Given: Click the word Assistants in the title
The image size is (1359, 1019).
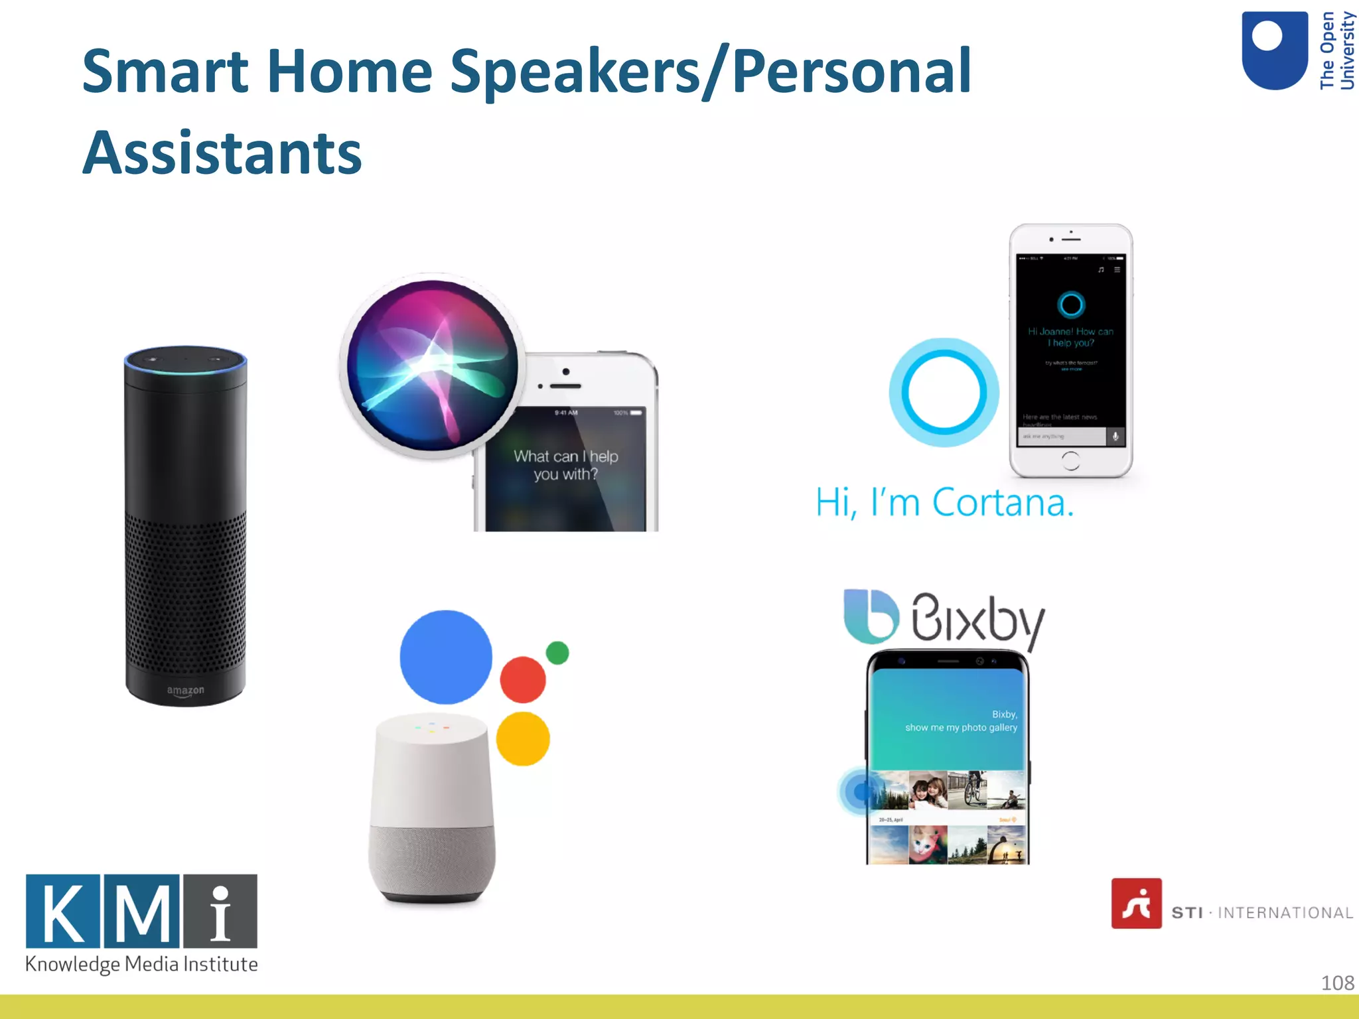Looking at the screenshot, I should (x=222, y=153).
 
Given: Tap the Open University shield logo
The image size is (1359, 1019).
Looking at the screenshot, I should (x=1274, y=50).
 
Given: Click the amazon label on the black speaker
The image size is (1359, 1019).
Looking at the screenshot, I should (x=185, y=691).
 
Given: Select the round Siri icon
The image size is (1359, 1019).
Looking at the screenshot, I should (x=433, y=366).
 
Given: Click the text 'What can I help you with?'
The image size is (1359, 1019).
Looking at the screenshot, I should (x=565, y=465).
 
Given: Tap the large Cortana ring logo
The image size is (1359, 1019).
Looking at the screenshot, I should (x=944, y=393).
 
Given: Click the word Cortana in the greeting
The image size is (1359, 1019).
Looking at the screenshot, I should (x=1003, y=502).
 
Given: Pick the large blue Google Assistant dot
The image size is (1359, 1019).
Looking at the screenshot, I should (x=446, y=657).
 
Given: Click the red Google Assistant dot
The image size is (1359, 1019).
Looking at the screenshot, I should (x=523, y=679).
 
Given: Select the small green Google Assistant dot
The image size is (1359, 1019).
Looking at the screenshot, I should (x=557, y=653).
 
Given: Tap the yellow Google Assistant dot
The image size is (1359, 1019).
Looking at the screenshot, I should (x=523, y=739).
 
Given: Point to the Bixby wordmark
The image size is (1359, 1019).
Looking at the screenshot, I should (x=978, y=619).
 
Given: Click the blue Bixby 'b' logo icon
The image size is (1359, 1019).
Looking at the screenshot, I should (x=871, y=616).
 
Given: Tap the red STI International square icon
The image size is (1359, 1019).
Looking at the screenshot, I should (x=1136, y=904).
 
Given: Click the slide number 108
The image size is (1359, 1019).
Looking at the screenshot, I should (x=1337, y=983).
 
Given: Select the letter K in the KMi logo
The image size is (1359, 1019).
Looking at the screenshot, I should (x=64, y=911).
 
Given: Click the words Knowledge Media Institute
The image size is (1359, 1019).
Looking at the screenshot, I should (x=141, y=964).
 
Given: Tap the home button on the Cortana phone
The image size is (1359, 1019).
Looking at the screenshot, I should (x=1070, y=460).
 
